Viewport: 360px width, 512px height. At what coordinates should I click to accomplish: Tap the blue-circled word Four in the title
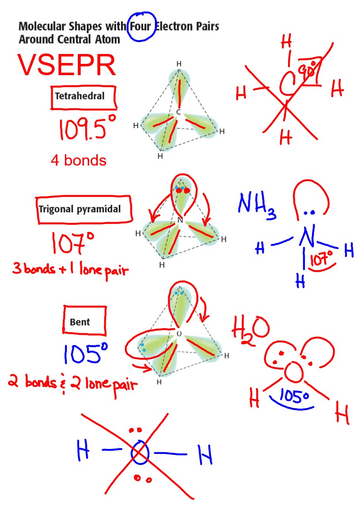click(x=141, y=26)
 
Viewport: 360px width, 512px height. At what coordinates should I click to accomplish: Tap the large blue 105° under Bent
click(x=86, y=355)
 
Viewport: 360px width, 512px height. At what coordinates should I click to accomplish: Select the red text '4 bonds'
click(x=78, y=161)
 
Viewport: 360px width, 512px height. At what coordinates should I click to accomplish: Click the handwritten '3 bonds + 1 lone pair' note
click(x=70, y=271)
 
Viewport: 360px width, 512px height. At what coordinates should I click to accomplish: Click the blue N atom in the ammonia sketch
click(x=308, y=237)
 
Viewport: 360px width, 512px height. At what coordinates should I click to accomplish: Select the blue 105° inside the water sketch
click(x=293, y=396)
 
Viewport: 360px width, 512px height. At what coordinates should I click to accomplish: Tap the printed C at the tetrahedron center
click(x=179, y=112)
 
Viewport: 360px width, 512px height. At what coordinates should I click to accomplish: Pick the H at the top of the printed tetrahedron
click(x=179, y=64)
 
